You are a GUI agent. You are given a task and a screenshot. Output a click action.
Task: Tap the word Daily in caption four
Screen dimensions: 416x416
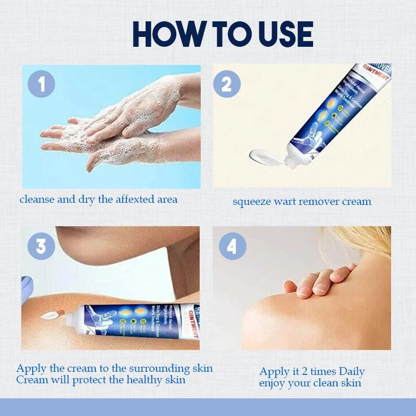click(352, 371)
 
